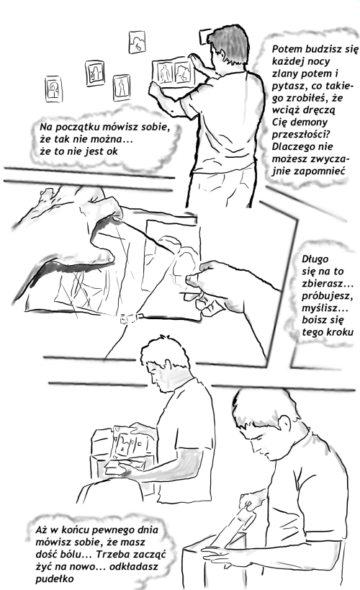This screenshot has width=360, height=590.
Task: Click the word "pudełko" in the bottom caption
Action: pos(55,578)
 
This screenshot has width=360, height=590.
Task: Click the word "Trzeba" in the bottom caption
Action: pos(112,554)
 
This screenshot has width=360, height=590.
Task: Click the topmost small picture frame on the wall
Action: pos(137,42)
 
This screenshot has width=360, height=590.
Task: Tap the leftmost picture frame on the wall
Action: pos(53,89)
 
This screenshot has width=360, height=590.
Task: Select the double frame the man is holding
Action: pos(174,73)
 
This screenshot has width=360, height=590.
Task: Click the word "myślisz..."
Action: pos(325,308)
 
